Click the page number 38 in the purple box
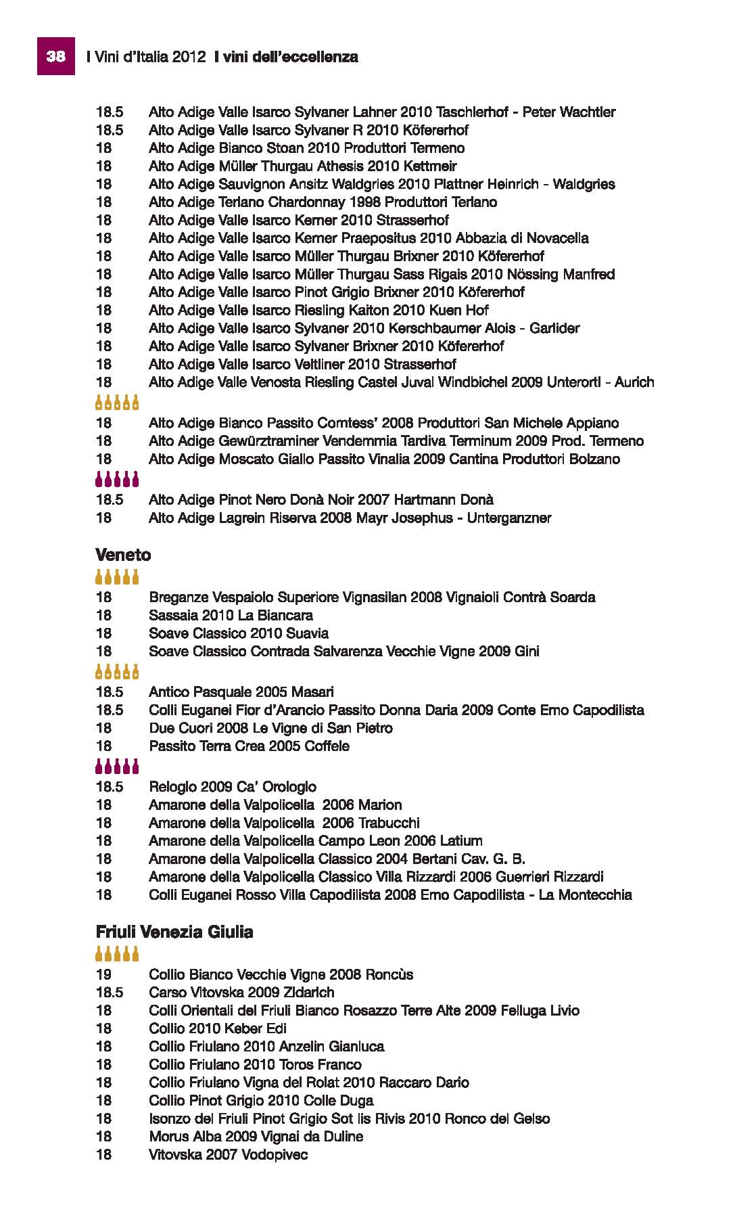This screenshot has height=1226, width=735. (55, 57)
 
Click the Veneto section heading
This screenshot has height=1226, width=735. (123, 555)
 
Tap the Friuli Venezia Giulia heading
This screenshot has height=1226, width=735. (174, 932)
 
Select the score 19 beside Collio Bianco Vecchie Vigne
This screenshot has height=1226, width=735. (103, 975)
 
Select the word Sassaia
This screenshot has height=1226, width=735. (170, 616)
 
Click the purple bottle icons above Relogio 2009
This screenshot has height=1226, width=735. (117, 767)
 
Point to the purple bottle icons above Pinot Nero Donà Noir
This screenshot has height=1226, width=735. (117, 480)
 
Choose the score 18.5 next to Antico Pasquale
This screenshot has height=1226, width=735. (110, 692)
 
